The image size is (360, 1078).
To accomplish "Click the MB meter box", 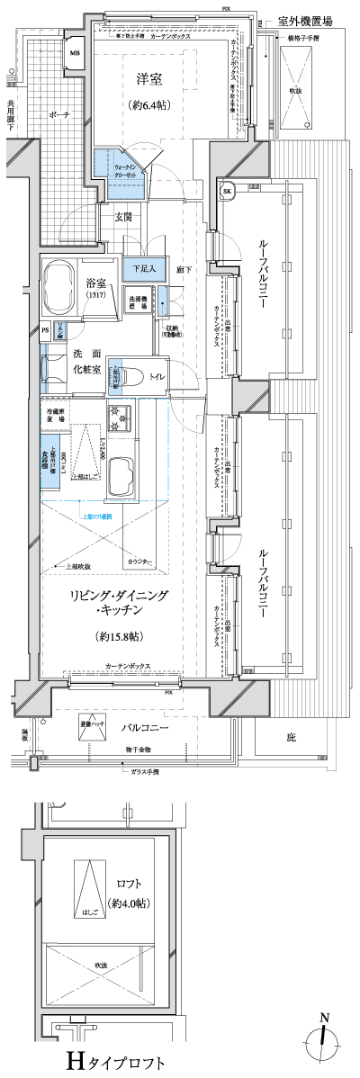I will (x=76, y=53).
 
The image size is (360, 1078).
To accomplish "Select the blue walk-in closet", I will (x=116, y=167).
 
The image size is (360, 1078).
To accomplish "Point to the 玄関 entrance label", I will (x=124, y=217).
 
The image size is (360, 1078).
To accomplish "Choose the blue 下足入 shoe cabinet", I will (x=144, y=267).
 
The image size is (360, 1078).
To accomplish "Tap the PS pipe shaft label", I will (x=45, y=330).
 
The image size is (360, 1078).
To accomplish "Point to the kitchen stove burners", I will (x=117, y=417).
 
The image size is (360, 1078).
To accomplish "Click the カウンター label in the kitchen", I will (x=139, y=561).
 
